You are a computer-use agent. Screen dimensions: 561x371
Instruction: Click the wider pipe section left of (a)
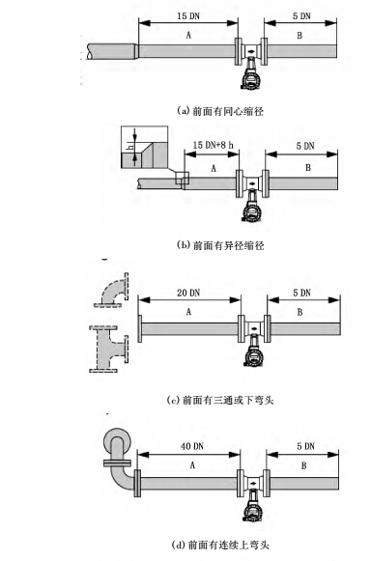pyautogui.click(x=108, y=48)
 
